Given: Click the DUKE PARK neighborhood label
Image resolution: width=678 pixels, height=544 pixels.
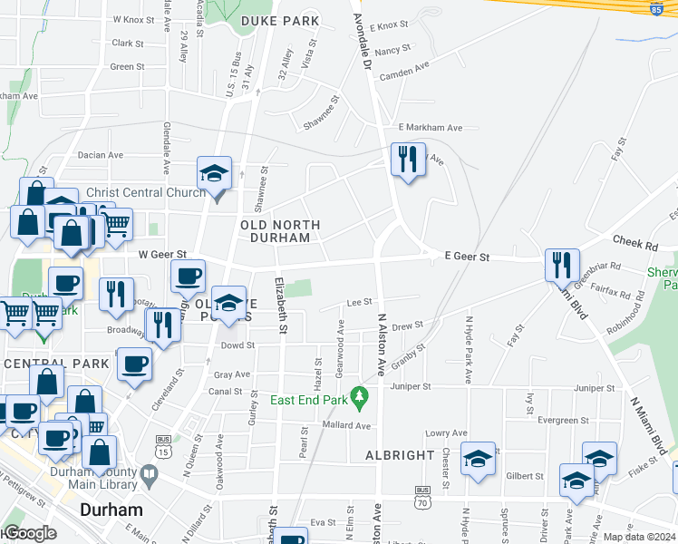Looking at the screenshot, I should [280, 21].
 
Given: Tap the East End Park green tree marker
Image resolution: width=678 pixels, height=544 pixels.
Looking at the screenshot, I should [361, 395].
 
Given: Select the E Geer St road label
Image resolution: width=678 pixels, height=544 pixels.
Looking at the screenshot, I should [467, 257].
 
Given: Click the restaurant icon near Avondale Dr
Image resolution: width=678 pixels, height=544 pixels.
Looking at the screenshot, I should [407, 160].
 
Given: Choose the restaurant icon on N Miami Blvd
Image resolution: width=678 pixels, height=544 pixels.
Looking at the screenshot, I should [562, 265].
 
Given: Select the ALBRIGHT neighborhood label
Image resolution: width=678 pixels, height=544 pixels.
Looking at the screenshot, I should [400, 454].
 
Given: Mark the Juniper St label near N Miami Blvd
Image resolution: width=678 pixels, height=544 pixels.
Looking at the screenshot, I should [594, 388].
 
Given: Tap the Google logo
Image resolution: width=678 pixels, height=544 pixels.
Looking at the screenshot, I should [29, 533].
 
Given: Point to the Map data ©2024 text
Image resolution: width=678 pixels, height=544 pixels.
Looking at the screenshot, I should [639, 537].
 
